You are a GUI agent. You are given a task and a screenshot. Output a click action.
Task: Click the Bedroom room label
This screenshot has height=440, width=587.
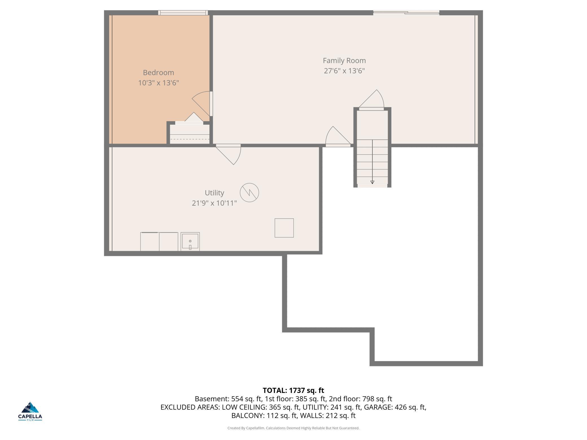[x=158, y=72]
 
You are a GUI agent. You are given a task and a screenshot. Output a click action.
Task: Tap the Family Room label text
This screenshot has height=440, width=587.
[x=344, y=61]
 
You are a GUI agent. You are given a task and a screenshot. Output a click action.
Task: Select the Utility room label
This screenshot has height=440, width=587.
[x=214, y=193]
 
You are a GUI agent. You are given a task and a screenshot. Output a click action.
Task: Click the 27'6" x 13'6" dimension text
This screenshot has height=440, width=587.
[x=344, y=71]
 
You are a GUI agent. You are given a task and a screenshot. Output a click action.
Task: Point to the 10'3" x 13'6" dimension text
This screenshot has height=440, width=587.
[x=158, y=83]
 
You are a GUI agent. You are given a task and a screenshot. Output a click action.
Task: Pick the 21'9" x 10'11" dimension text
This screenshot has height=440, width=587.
[x=214, y=203]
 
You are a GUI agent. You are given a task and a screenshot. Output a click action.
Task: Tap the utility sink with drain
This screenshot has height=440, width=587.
[x=190, y=241]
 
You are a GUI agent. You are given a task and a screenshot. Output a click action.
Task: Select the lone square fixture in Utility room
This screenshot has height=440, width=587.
[x=284, y=228]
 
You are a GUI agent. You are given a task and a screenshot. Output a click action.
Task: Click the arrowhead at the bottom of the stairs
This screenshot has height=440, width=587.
[x=372, y=182]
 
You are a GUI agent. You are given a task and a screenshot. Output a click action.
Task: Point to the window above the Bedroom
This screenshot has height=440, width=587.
[x=183, y=13]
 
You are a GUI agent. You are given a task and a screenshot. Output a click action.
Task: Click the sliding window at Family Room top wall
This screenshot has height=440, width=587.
[x=406, y=13]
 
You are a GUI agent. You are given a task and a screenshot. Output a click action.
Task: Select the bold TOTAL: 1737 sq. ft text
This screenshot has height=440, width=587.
[x=293, y=390]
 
